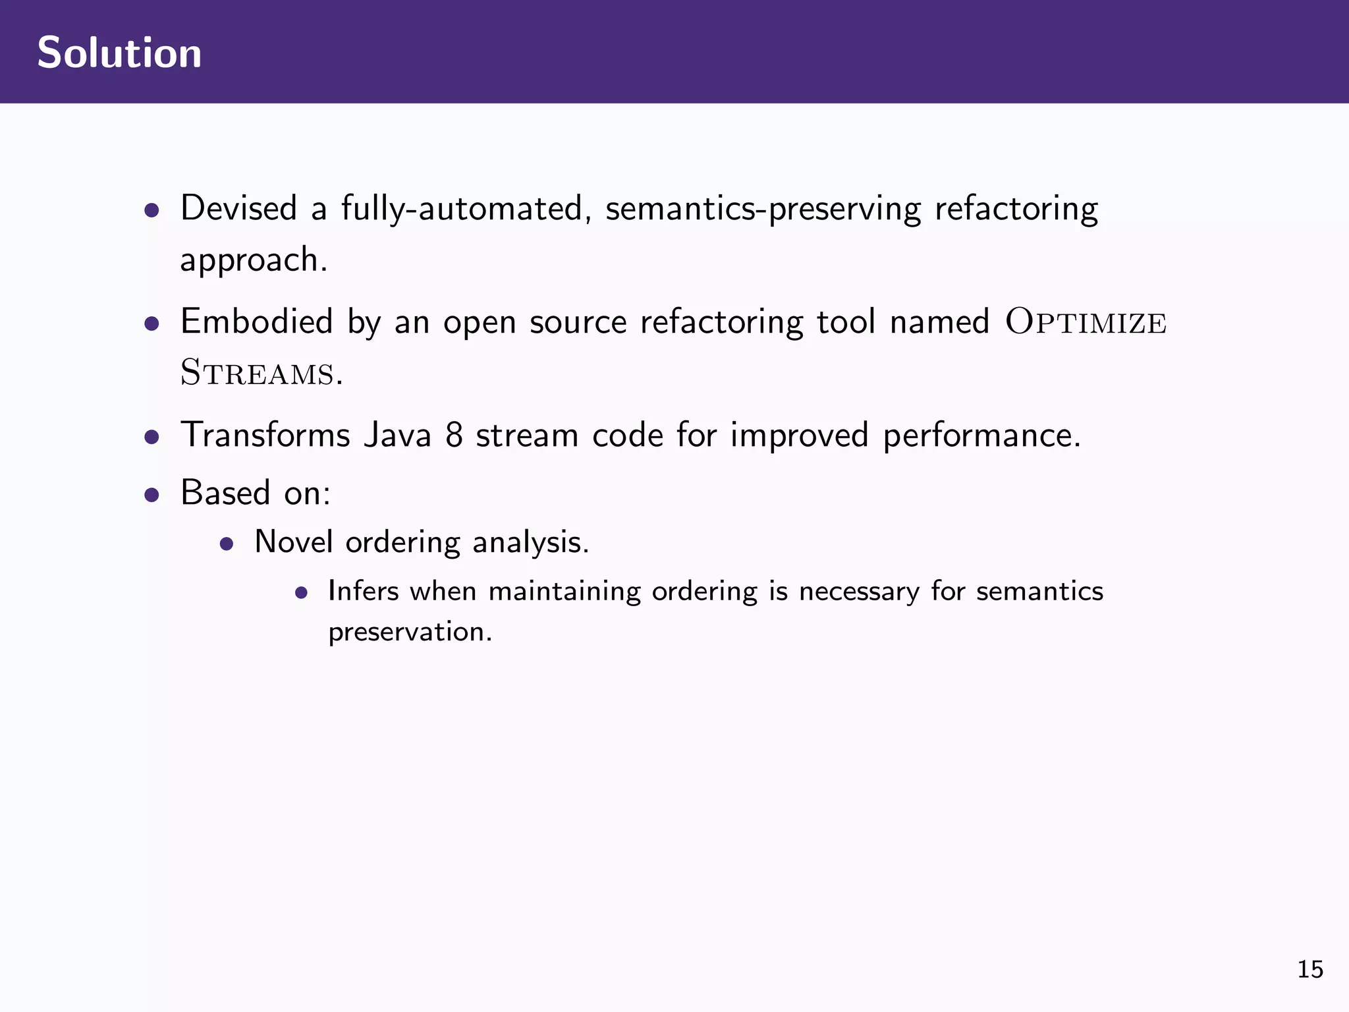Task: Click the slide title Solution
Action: click(x=119, y=53)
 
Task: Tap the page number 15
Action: click(x=1309, y=970)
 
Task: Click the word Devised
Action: click(x=238, y=209)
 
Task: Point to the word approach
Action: click(x=253, y=260)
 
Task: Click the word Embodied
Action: click(x=256, y=322)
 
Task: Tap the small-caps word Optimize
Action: click(x=1086, y=323)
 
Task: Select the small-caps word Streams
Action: click(x=258, y=373)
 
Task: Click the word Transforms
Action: click(x=265, y=436)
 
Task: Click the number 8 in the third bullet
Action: click(x=454, y=436)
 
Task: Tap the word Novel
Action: click(x=293, y=542)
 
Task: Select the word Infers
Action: click(x=363, y=591)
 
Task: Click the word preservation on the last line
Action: click(x=410, y=632)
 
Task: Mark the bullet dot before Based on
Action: click(x=152, y=495)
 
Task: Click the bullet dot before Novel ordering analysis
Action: click(x=227, y=544)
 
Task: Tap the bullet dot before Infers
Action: click(x=302, y=593)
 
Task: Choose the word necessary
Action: click(x=859, y=592)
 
